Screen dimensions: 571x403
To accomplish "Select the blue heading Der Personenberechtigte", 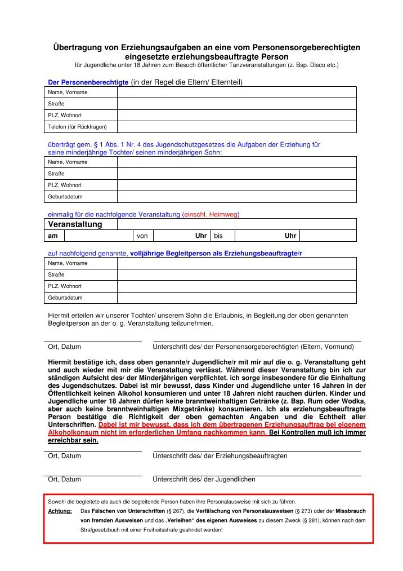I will point(88,82).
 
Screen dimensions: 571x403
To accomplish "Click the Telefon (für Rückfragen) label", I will point(77,127).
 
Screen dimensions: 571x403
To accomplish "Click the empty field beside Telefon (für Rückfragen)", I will point(236,127).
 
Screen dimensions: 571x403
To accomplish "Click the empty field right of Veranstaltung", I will point(236,224).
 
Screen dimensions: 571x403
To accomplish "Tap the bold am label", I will point(52,236).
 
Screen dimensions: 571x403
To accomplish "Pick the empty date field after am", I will point(98,236).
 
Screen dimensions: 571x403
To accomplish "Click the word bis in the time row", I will point(218,236).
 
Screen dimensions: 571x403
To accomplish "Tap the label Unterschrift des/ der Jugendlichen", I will point(204,479).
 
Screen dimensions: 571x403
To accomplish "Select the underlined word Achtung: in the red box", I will point(60,511).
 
